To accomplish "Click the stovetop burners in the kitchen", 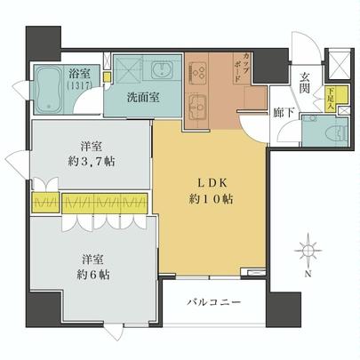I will [x=198, y=70].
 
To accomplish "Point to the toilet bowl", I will [x=333, y=131].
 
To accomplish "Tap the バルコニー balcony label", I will [x=215, y=304].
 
